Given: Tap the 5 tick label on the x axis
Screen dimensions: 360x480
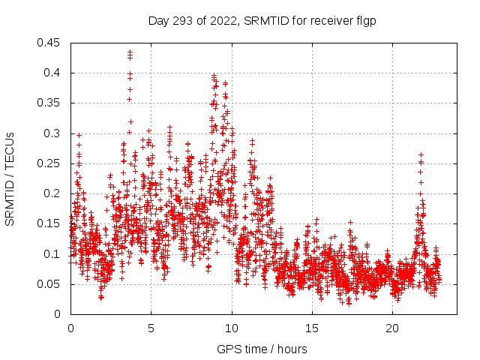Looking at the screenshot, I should point(151,328).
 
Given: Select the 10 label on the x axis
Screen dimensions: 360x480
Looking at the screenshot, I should point(232,328).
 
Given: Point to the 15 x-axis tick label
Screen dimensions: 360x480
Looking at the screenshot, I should point(312,328).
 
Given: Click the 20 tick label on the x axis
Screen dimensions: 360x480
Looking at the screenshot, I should point(392,328).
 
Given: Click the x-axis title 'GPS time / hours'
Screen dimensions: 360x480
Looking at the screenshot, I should point(262,349).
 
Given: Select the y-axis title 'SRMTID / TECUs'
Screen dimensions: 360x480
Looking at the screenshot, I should point(10,178).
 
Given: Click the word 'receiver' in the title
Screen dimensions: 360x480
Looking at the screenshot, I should point(332,21).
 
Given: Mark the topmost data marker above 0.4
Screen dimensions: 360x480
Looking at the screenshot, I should point(130,52).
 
